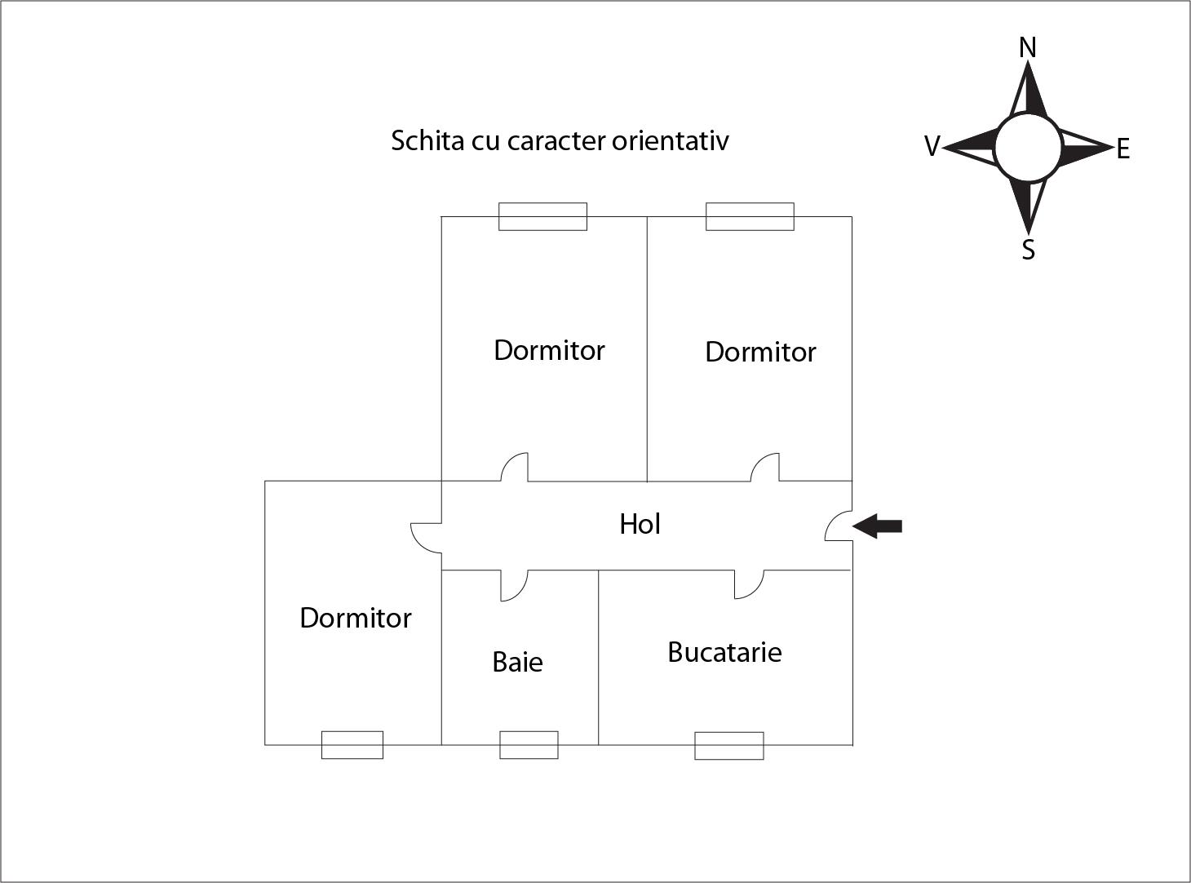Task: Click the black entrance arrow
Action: click(x=878, y=526)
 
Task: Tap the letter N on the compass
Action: click(x=1028, y=48)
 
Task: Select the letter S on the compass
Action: click(x=1029, y=250)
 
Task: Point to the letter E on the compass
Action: click(x=1123, y=149)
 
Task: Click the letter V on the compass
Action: click(x=932, y=147)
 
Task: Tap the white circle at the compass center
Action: click(x=1028, y=148)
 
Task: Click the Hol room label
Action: click(x=640, y=524)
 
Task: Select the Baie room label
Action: click(x=517, y=662)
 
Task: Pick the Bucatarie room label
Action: click(x=724, y=652)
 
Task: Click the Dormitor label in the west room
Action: click(x=356, y=618)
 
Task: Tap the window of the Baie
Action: click(x=529, y=745)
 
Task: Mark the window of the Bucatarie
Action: click(x=729, y=746)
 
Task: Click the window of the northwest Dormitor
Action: click(x=542, y=216)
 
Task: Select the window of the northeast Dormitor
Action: click(x=750, y=216)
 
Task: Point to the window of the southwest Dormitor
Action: click(x=352, y=745)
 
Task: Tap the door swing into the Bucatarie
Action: click(x=749, y=583)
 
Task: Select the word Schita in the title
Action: click(x=427, y=140)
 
